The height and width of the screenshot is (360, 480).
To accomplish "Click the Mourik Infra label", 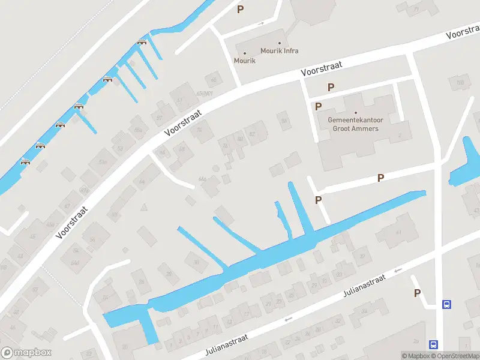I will click(280, 51).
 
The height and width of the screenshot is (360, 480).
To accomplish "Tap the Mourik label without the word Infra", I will click(244, 61).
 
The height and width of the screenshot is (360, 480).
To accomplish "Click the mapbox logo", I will click(26, 353).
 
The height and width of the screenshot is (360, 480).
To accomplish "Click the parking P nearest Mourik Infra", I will click(241, 9).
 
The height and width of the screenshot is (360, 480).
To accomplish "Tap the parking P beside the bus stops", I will click(417, 293).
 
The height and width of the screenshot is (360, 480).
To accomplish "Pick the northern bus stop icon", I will click(446, 304).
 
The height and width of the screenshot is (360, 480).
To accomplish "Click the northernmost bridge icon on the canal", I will click(142, 41).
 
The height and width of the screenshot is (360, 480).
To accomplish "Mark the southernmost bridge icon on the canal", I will click(25, 161).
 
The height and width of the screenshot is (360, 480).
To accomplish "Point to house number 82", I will click(252, 134).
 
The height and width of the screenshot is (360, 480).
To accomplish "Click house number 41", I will click(398, 233).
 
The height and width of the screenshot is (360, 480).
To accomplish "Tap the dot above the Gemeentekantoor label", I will click(356, 112).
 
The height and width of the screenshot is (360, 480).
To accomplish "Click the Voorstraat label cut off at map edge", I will click(463, 33).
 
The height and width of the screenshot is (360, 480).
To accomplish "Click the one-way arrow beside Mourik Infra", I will click(260, 24).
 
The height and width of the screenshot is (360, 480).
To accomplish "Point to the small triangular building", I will click(143, 208).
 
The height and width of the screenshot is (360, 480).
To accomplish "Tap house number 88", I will click(284, 121).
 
